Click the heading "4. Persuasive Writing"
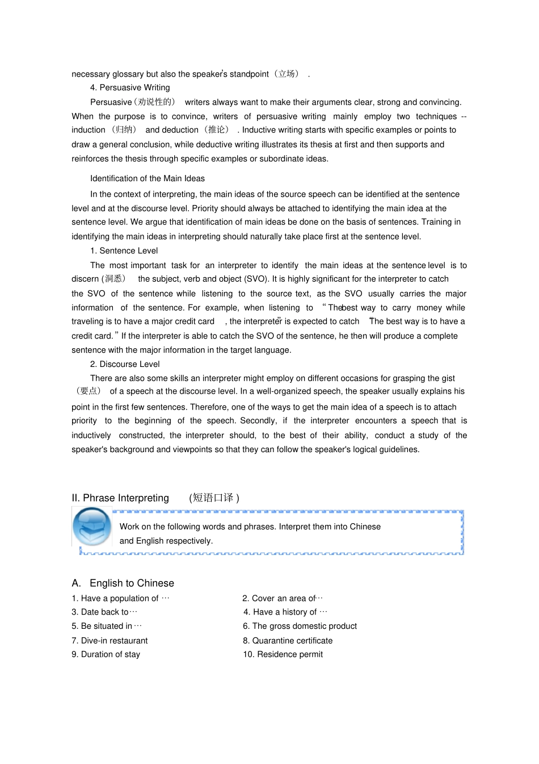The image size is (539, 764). coord(130,87)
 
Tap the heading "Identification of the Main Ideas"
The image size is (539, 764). coord(147,178)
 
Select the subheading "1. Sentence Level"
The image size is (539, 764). coord(124,251)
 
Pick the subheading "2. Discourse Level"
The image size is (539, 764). coord(125,364)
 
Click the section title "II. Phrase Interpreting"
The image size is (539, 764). coord(120,498)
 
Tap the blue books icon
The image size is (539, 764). coord(92,527)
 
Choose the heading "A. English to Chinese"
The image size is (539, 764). coord(123,583)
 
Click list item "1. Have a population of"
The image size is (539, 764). coord(120,598)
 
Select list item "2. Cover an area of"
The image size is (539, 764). coord(282,598)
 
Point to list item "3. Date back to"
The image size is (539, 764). coord(104,612)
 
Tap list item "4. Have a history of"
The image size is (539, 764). coord(285,612)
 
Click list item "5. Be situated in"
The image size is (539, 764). coord(107,626)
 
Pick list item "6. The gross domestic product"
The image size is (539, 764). coord(300,626)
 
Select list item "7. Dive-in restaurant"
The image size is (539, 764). coord(110,641)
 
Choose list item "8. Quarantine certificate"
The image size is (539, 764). coord(288,641)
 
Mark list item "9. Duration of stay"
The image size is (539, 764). coord(106,654)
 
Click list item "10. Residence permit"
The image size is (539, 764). coord(283,654)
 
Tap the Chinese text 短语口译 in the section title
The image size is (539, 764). coord(213,498)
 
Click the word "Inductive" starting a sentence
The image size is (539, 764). coord(259,130)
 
